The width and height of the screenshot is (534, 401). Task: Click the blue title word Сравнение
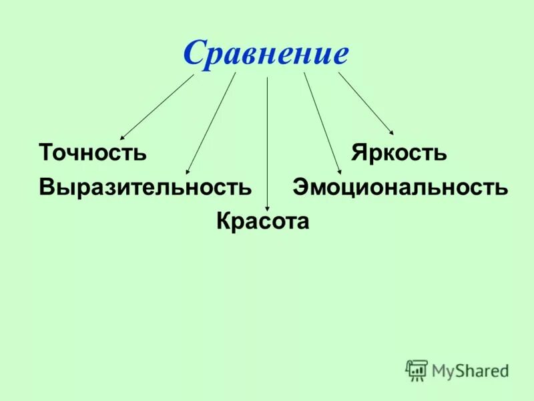coord(266,53)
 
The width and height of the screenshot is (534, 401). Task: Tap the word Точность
coord(93,152)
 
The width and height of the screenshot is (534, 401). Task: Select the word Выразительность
coord(146,187)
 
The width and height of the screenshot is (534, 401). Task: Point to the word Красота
coord(263,221)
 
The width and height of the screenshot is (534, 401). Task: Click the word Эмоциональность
coord(400,187)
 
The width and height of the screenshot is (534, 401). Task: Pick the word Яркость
coord(399,152)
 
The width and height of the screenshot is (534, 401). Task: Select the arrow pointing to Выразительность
coord(211,124)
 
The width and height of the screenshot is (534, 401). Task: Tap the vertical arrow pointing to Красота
coord(267,144)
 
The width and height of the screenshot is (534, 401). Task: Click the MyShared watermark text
coord(470,370)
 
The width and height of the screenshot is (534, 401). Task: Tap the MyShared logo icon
coord(417,370)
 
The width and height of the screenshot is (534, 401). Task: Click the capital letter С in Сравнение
coord(194,53)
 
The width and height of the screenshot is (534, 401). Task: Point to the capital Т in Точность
coord(47,152)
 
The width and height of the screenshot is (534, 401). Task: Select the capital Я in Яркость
coord(359,152)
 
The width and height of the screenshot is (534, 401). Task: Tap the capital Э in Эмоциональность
coord(300,187)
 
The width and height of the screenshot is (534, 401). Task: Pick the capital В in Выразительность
coord(47,187)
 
